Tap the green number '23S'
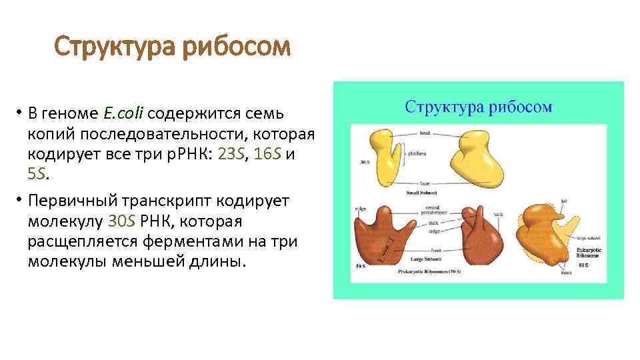[x=232, y=155]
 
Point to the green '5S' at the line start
[x=37, y=175]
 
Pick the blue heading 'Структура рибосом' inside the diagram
[x=478, y=107]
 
